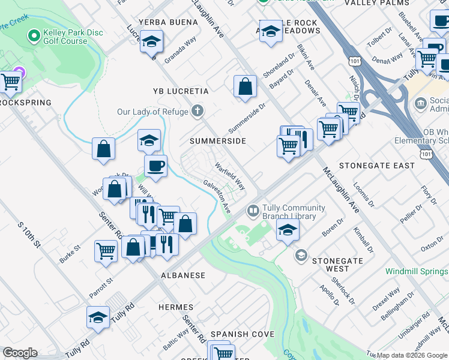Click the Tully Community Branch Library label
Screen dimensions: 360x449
pyautogui.click(x=290, y=212)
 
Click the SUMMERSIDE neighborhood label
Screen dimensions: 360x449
pyautogui.click(x=218, y=140)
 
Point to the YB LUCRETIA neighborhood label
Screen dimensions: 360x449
pyautogui.click(x=181, y=91)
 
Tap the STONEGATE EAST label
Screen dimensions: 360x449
pyautogui.click(x=377, y=165)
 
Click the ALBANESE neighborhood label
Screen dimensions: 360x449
pyautogui.click(x=183, y=275)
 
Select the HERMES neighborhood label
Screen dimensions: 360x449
pyautogui.click(x=176, y=307)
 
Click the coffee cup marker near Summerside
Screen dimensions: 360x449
pyautogui.click(x=155, y=165)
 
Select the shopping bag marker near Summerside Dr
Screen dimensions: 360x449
pyautogui.click(x=245, y=86)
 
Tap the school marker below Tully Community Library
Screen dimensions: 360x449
pyautogui.click(x=288, y=229)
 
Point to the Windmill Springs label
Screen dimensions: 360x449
pyautogui.click(x=417, y=272)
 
